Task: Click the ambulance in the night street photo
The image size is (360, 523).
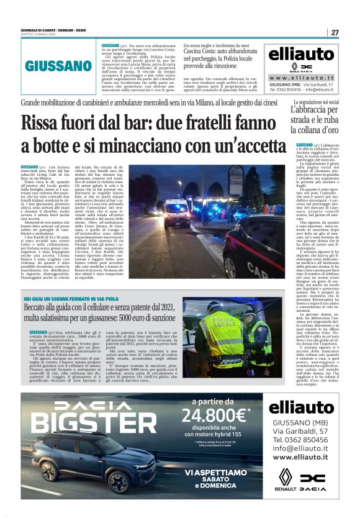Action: click(x=178, y=211)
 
